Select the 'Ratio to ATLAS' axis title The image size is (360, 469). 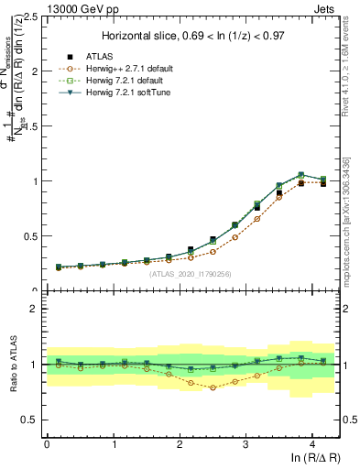pyautogui.click(x=14, y=364)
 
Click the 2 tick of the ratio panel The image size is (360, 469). pyautogui.click(x=36, y=309)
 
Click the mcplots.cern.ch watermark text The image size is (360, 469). pyautogui.click(x=349, y=229)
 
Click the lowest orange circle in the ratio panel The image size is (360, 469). pyautogui.click(x=213, y=387)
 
